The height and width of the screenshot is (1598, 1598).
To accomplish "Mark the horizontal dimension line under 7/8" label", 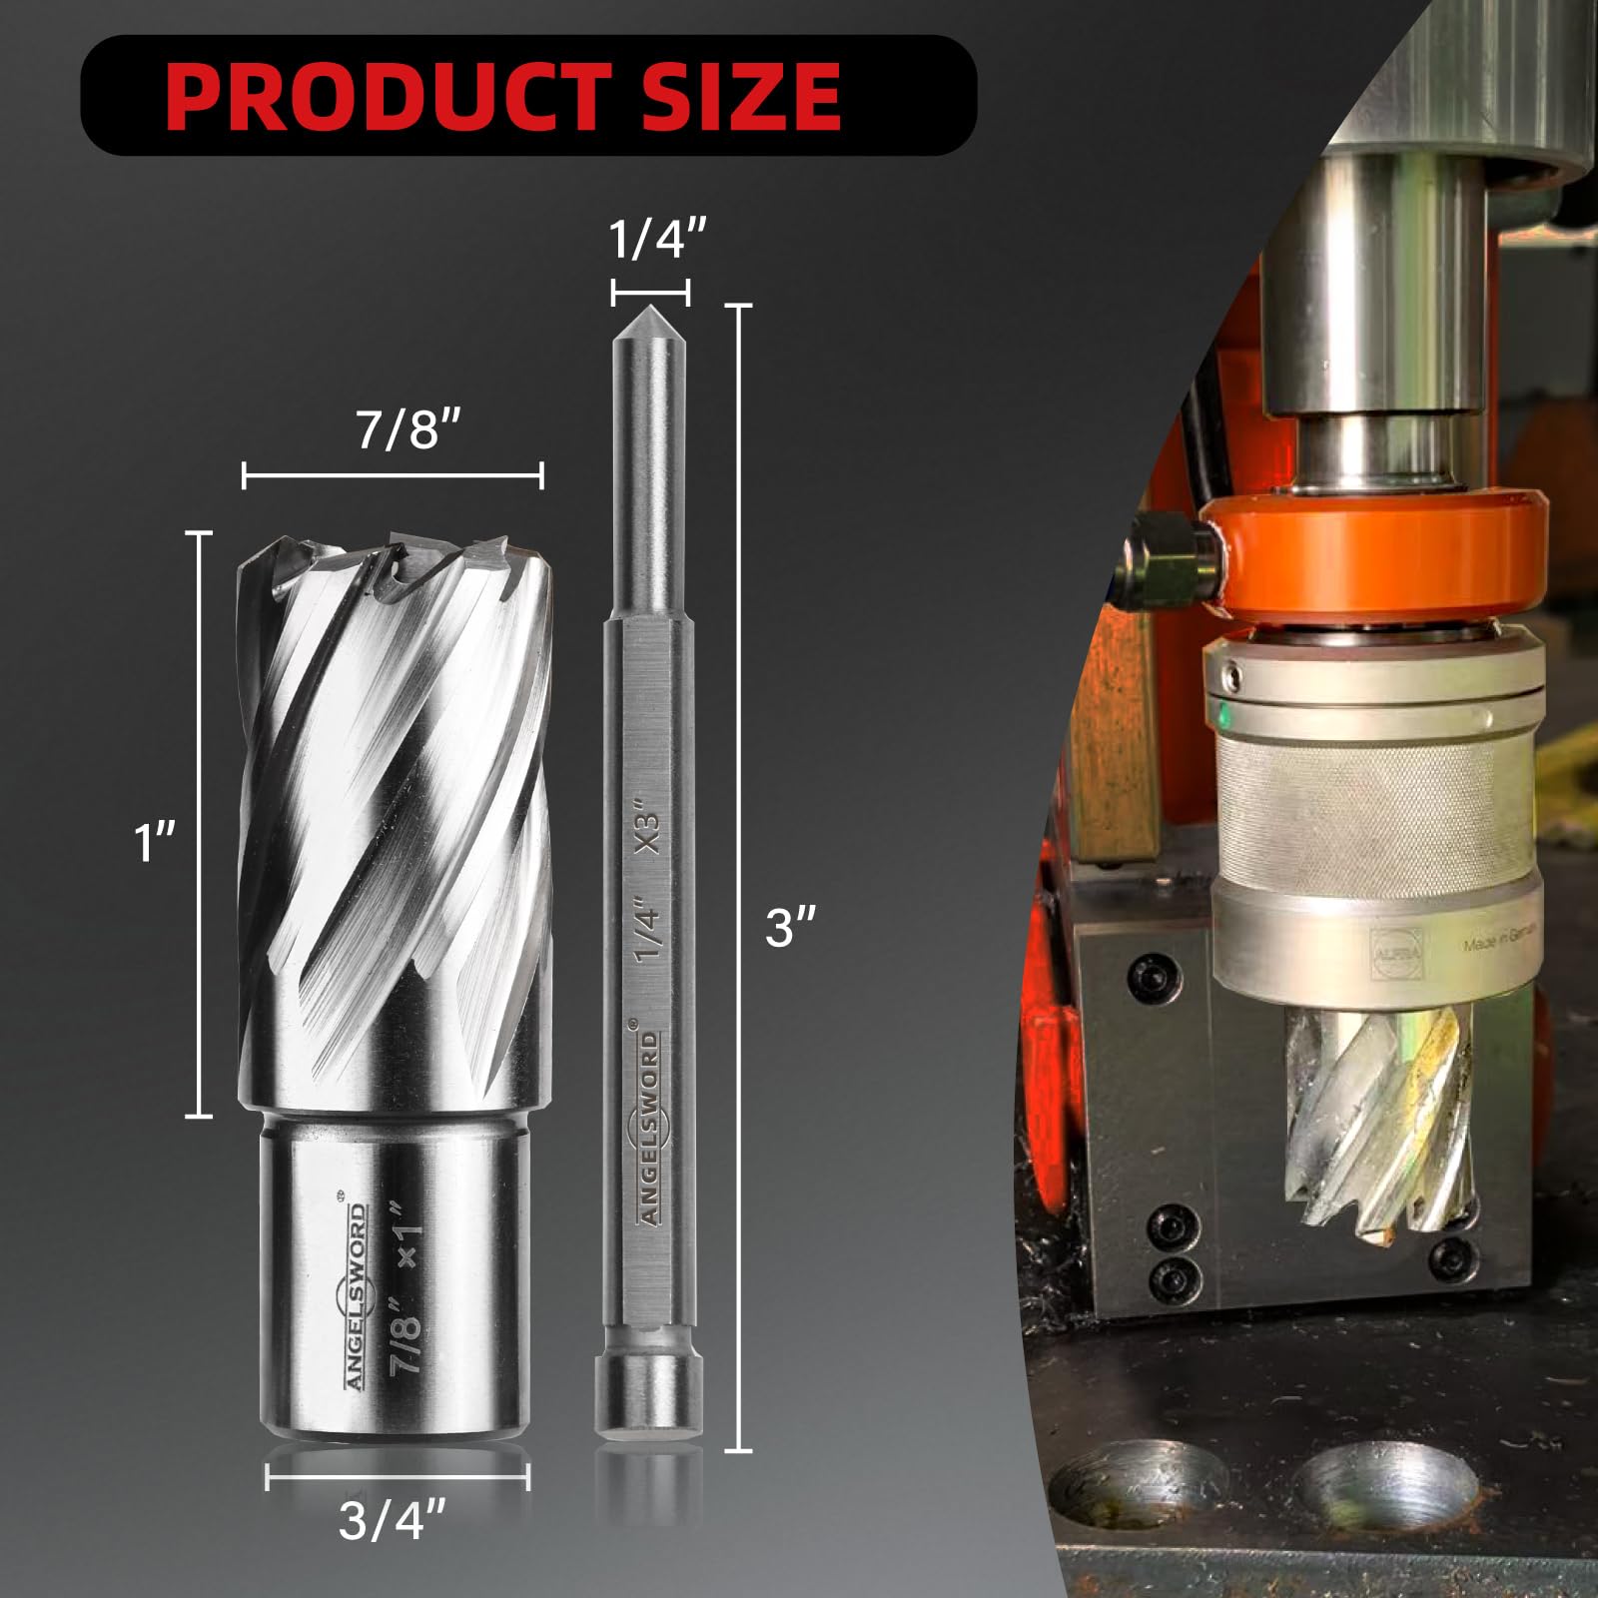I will (x=393, y=476).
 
